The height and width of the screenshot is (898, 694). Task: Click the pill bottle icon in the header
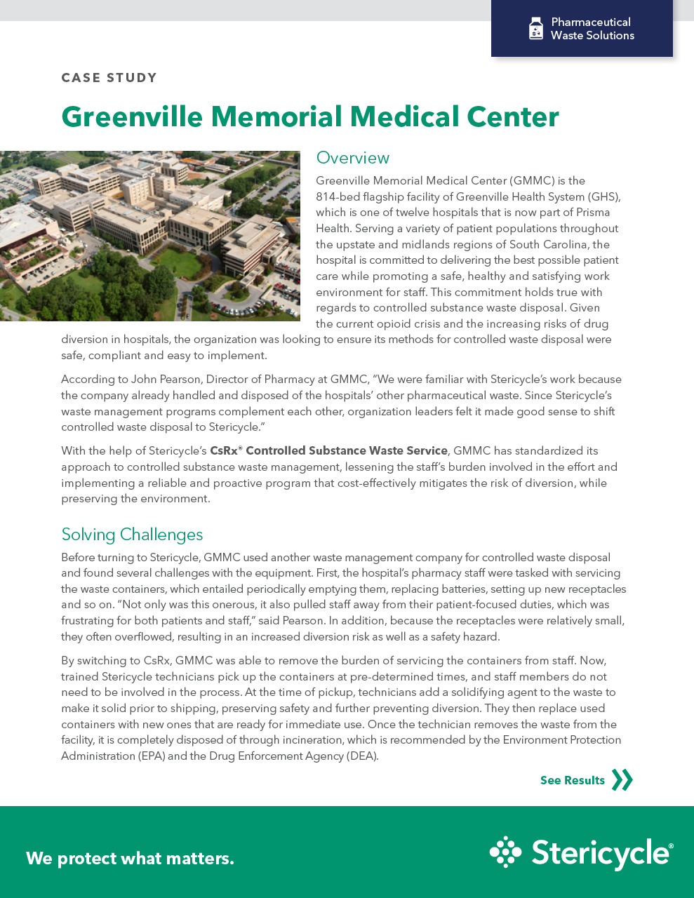[536, 29]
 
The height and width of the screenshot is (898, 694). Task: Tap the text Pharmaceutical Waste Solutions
[592, 29]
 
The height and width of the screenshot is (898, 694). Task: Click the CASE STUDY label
[109, 78]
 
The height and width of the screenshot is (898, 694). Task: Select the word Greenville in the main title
[131, 116]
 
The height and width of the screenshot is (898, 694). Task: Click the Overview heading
[352, 158]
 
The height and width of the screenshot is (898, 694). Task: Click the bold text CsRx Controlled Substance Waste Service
[328, 451]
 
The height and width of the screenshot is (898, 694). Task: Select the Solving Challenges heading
[132, 535]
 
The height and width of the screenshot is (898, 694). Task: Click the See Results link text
[572, 780]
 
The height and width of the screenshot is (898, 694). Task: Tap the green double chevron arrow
[622, 780]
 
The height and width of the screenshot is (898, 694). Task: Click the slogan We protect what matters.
[130, 858]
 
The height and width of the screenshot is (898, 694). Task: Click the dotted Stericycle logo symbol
[505, 852]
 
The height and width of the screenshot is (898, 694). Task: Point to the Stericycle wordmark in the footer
[601, 854]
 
